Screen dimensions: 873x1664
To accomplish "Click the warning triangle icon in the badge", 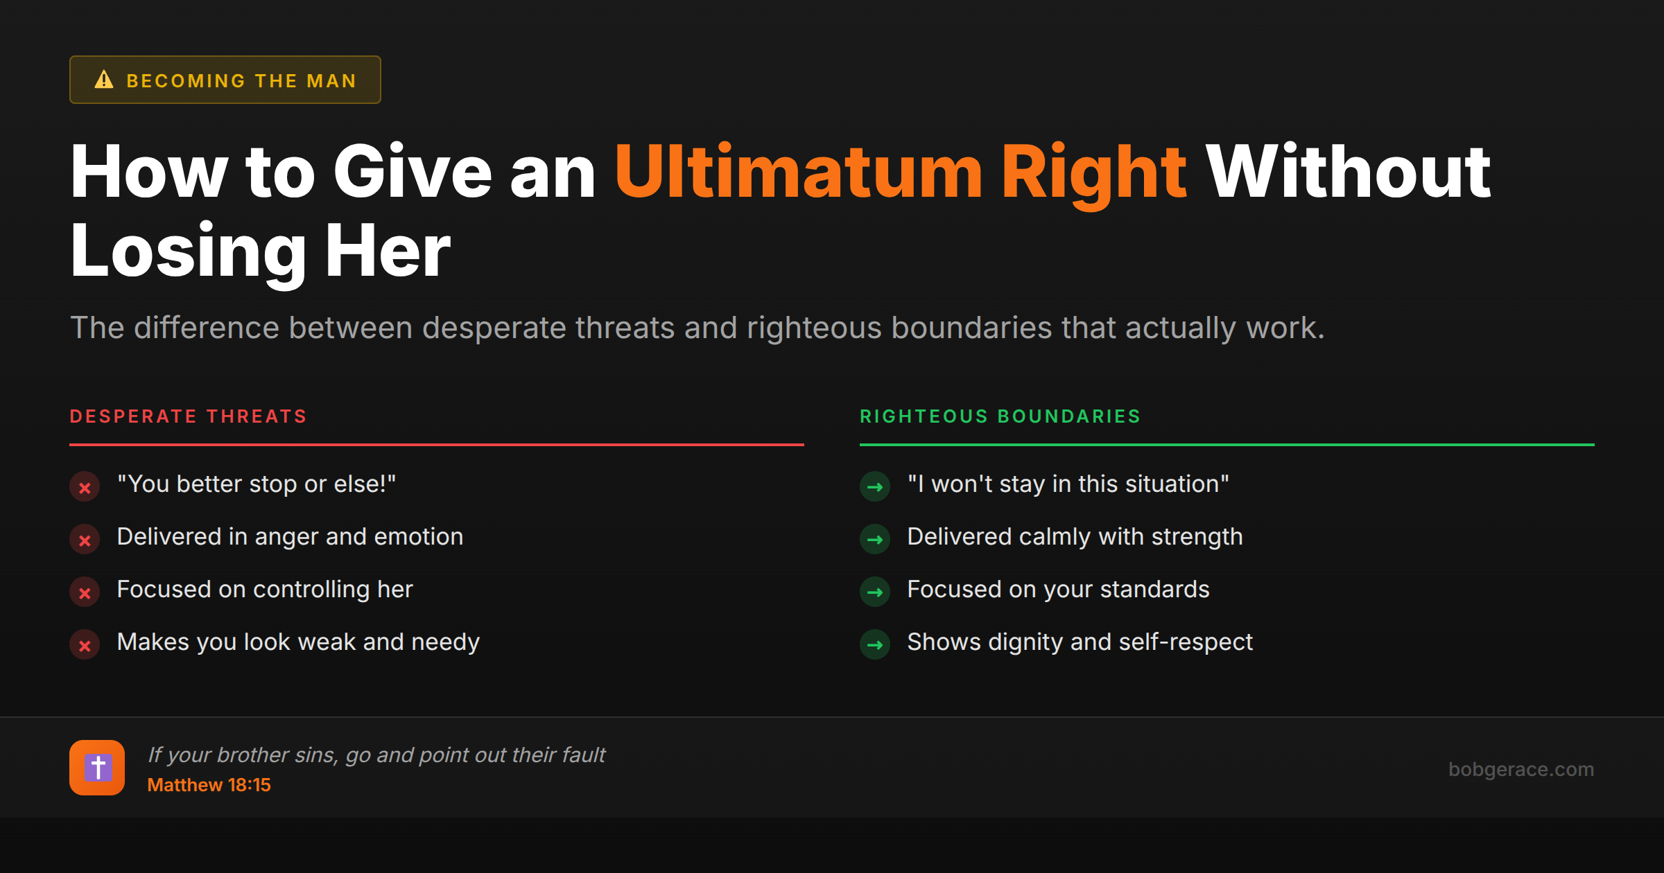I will [x=104, y=80].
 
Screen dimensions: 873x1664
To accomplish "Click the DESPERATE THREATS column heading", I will [x=188, y=416].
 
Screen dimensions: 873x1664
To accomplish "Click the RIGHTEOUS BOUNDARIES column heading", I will [x=1000, y=416].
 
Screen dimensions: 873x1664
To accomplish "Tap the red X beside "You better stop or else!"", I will [x=85, y=487].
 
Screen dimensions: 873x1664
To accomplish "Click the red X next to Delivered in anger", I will [x=85, y=540].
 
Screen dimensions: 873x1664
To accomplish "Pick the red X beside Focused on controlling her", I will [x=85, y=592].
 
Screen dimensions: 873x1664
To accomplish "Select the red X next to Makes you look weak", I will [x=85, y=645].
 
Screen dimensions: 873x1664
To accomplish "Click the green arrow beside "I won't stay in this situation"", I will [x=875, y=487].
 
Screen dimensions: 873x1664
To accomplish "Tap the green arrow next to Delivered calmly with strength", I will [x=875, y=540].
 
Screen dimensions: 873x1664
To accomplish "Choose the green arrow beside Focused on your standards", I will [x=875, y=592].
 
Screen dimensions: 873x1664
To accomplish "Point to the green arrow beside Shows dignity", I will [x=875, y=645].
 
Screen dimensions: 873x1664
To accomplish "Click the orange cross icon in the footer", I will [x=97, y=768].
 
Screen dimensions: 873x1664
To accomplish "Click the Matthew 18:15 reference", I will [x=209, y=785].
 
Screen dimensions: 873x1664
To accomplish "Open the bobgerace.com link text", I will [x=1520, y=769].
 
